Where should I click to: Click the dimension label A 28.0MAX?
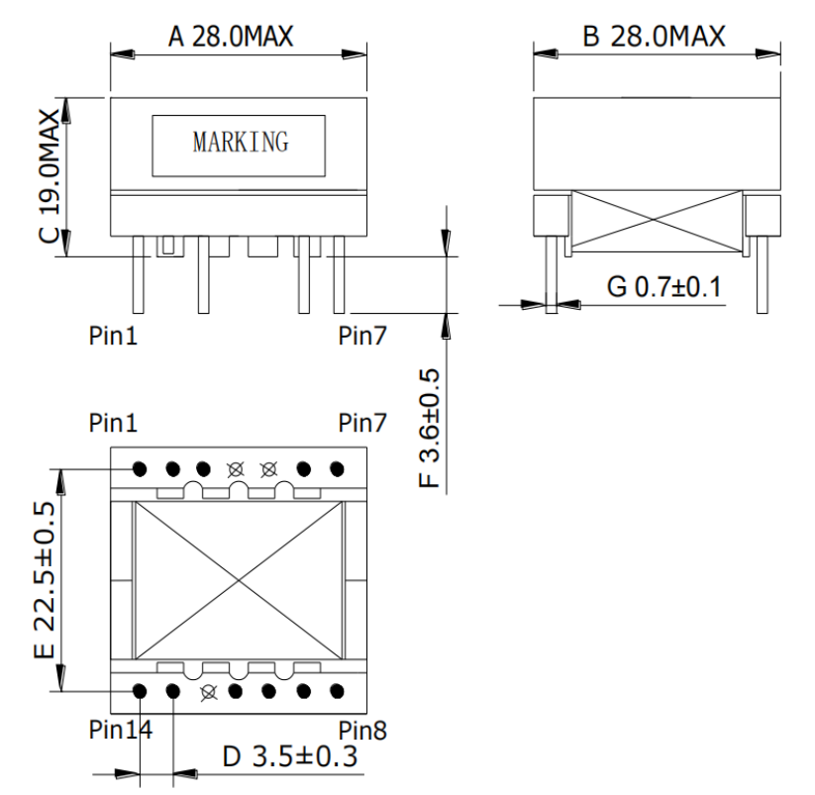[x=231, y=37]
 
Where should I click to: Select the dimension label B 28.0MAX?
[x=654, y=37]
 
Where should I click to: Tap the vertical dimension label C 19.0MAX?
[x=51, y=176]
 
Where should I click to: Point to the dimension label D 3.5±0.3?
[x=290, y=756]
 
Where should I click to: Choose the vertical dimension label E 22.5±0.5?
[x=45, y=580]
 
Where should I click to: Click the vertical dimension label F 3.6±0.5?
[x=430, y=428]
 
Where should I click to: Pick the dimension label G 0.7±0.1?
[x=664, y=287]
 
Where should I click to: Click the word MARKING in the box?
[x=241, y=143]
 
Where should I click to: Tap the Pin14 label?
[x=121, y=730]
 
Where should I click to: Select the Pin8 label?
[x=362, y=730]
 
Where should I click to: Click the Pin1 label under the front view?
[x=113, y=336]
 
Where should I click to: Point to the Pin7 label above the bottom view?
[x=362, y=423]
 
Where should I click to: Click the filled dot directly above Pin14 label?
[x=140, y=692]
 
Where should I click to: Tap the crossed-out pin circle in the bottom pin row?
[x=208, y=692]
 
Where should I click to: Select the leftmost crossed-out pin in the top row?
[x=236, y=469]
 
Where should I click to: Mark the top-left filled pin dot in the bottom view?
[x=140, y=469]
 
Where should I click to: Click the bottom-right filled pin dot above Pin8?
[x=337, y=692]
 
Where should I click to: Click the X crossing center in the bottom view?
[x=239, y=580]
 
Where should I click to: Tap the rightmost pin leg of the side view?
[x=762, y=275]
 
